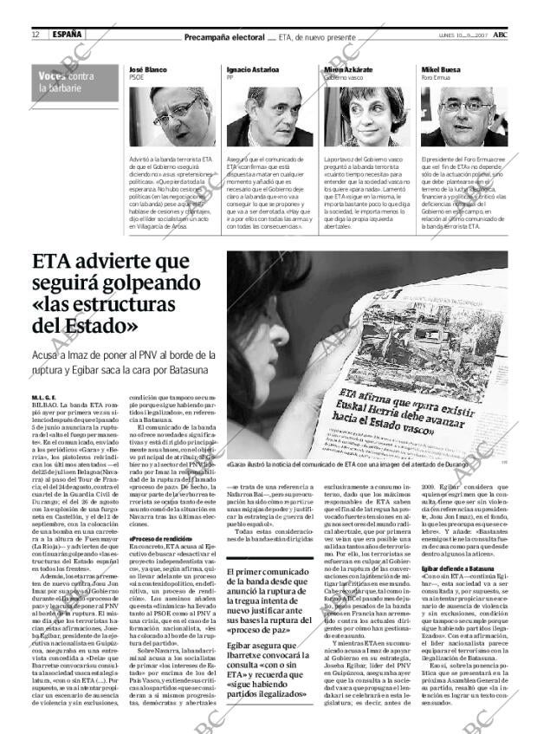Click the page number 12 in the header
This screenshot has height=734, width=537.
(x=36, y=35)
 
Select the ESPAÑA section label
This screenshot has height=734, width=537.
(x=66, y=35)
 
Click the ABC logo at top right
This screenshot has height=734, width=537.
(x=501, y=35)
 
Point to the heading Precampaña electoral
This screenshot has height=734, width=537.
(x=224, y=37)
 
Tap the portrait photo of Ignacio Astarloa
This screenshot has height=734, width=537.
(x=257, y=115)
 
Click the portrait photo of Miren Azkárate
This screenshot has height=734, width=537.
(x=356, y=115)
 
